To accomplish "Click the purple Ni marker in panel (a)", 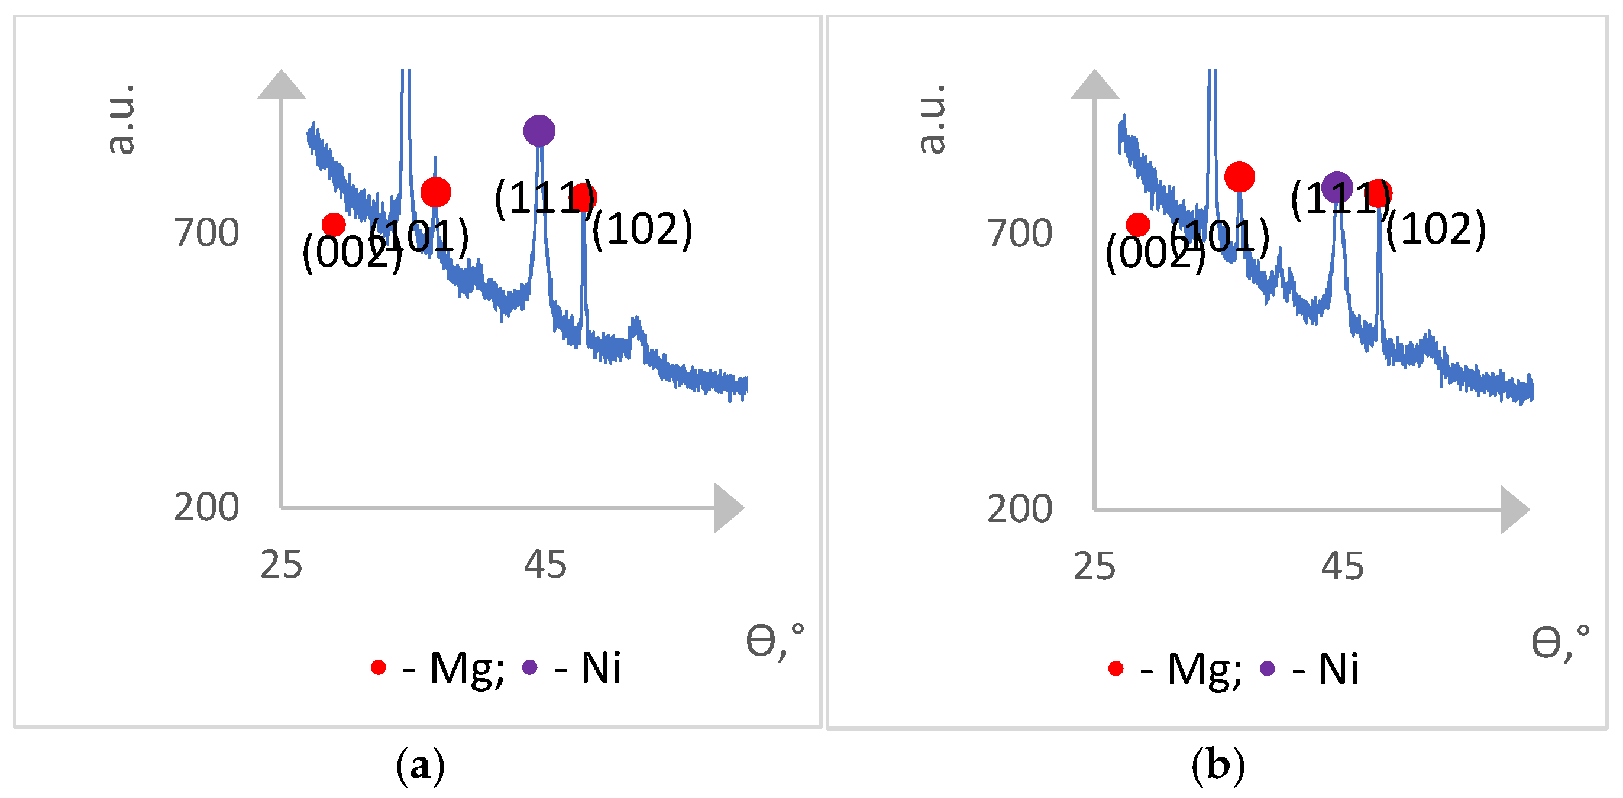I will (539, 131).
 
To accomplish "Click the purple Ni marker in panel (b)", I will (1336, 187).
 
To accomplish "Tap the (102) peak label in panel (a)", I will (642, 229).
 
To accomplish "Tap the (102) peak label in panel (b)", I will (1436, 229).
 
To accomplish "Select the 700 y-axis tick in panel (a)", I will (206, 233).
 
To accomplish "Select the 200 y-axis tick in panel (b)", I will (1019, 509).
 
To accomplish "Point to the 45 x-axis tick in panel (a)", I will (545, 565).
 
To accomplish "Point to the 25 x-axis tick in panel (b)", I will (1094, 566).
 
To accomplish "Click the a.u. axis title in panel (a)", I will (121, 119).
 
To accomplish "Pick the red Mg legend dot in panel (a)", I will (378, 667).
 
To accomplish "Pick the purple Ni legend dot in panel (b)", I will (1267, 669).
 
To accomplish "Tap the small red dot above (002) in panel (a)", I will (334, 224).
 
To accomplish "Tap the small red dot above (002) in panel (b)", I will (1137, 224).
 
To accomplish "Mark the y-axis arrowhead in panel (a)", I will (282, 86).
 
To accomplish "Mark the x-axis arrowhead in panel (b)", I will (1514, 510).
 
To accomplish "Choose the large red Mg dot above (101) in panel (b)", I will (1239, 176).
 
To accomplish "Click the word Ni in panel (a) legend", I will (600, 667).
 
